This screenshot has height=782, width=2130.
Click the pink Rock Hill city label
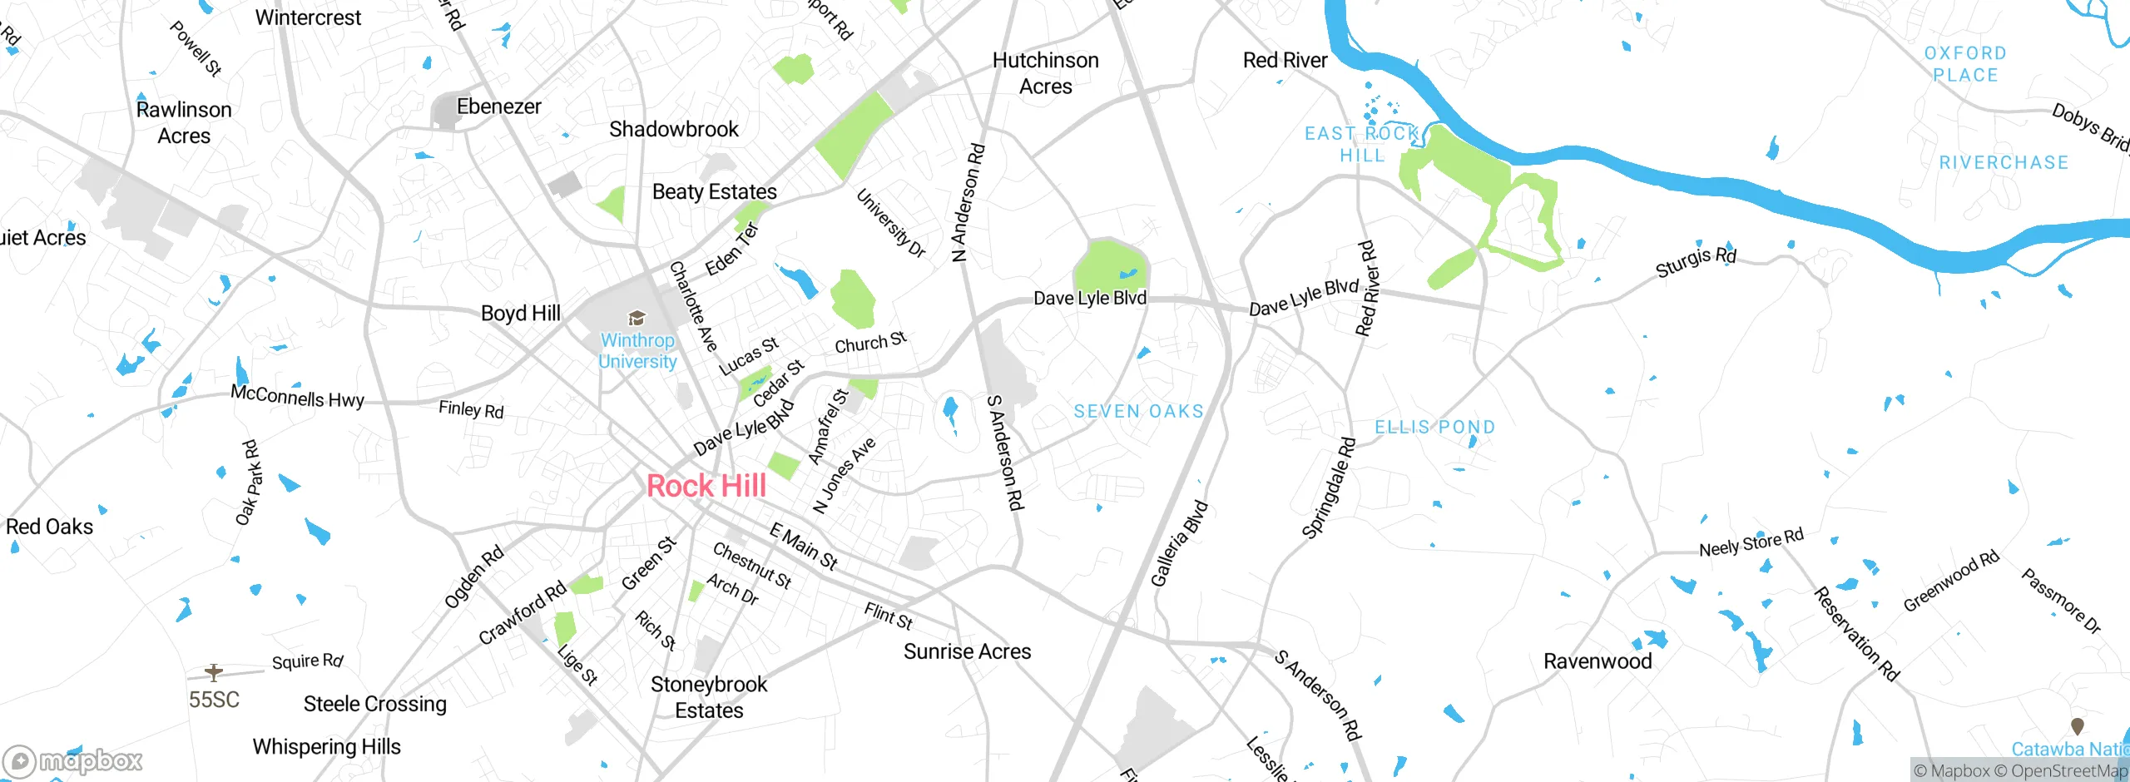pyautogui.click(x=706, y=486)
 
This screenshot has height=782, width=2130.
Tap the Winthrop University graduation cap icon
pyautogui.click(x=637, y=318)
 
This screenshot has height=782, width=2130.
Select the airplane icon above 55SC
pyautogui.click(x=214, y=672)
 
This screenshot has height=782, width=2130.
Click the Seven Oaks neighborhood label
pyautogui.click(x=1138, y=411)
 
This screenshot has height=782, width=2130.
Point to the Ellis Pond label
pyautogui.click(x=1434, y=427)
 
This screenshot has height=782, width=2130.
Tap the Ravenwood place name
pyautogui.click(x=1597, y=661)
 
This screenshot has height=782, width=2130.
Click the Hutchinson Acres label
pyautogui.click(x=1045, y=73)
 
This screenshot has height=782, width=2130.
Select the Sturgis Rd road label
pyautogui.click(x=1695, y=262)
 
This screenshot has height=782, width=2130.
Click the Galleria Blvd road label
pyautogui.click(x=1179, y=543)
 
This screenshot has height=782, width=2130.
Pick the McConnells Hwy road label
pyautogui.click(x=297, y=397)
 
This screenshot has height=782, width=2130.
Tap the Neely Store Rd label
pyautogui.click(x=1751, y=542)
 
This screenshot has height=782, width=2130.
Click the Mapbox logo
pyautogui.click(x=73, y=760)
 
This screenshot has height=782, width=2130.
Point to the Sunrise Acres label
pyautogui.click(x=967, y=651)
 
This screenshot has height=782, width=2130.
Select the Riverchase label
pyautogui.click(x=2004, y=162)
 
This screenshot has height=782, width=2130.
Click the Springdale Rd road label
pyautogui.click(x=1329, y=488)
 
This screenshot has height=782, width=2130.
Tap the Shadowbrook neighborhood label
pyautogui.click(x=673, y=129)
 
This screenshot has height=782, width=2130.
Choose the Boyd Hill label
pyautogui.click(x=521, y=313)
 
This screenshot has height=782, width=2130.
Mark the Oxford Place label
pyautogui.click(x=1965, y=64)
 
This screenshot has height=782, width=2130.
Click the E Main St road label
pyautogui.click(x=803, y=546)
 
